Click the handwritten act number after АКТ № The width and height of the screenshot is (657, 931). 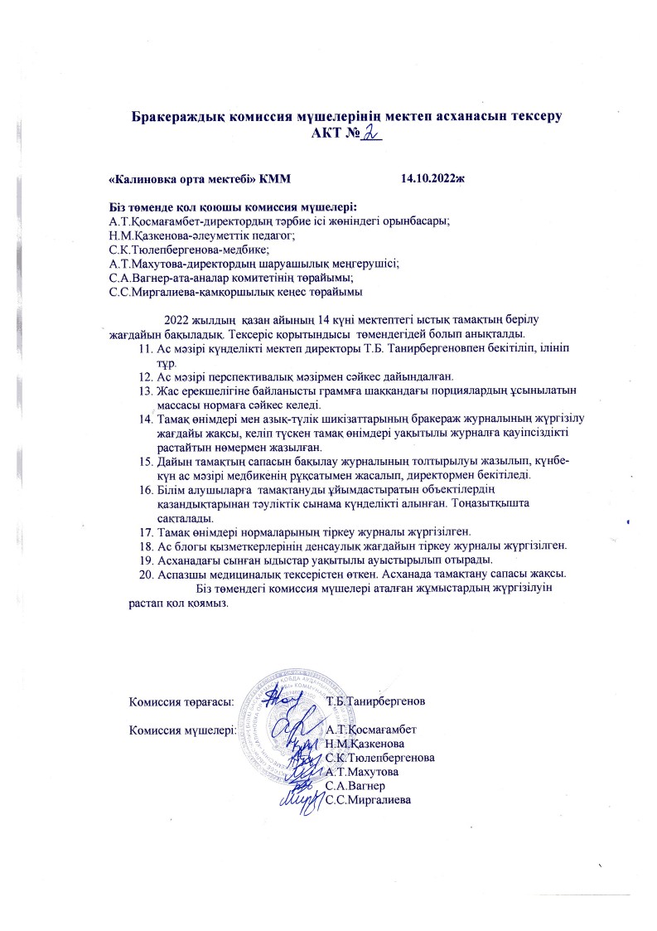coord(368,132)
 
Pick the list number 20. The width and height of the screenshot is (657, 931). coord(147,573)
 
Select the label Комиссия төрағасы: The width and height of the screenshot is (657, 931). coord(181,701)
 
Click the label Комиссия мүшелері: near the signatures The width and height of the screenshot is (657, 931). coord(182,730)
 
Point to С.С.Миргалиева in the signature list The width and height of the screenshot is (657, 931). coord(370,799)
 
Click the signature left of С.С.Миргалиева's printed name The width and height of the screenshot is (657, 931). coord(301,799)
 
